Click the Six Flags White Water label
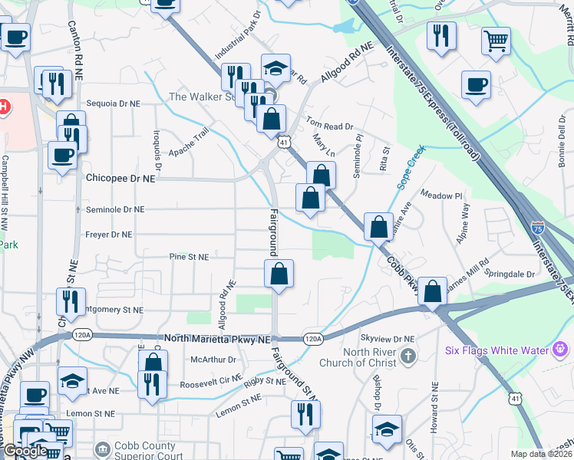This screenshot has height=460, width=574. point(496,351)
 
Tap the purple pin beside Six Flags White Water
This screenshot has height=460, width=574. point(562,350)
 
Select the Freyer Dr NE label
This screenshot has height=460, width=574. point(110,235)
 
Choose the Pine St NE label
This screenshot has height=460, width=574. point(189,258)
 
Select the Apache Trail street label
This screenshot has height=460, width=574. point(190,142)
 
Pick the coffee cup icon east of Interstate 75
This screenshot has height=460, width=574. point(476,84)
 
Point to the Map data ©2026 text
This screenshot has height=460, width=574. point(541,454)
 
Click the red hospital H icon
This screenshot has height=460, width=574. point(4,107)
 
